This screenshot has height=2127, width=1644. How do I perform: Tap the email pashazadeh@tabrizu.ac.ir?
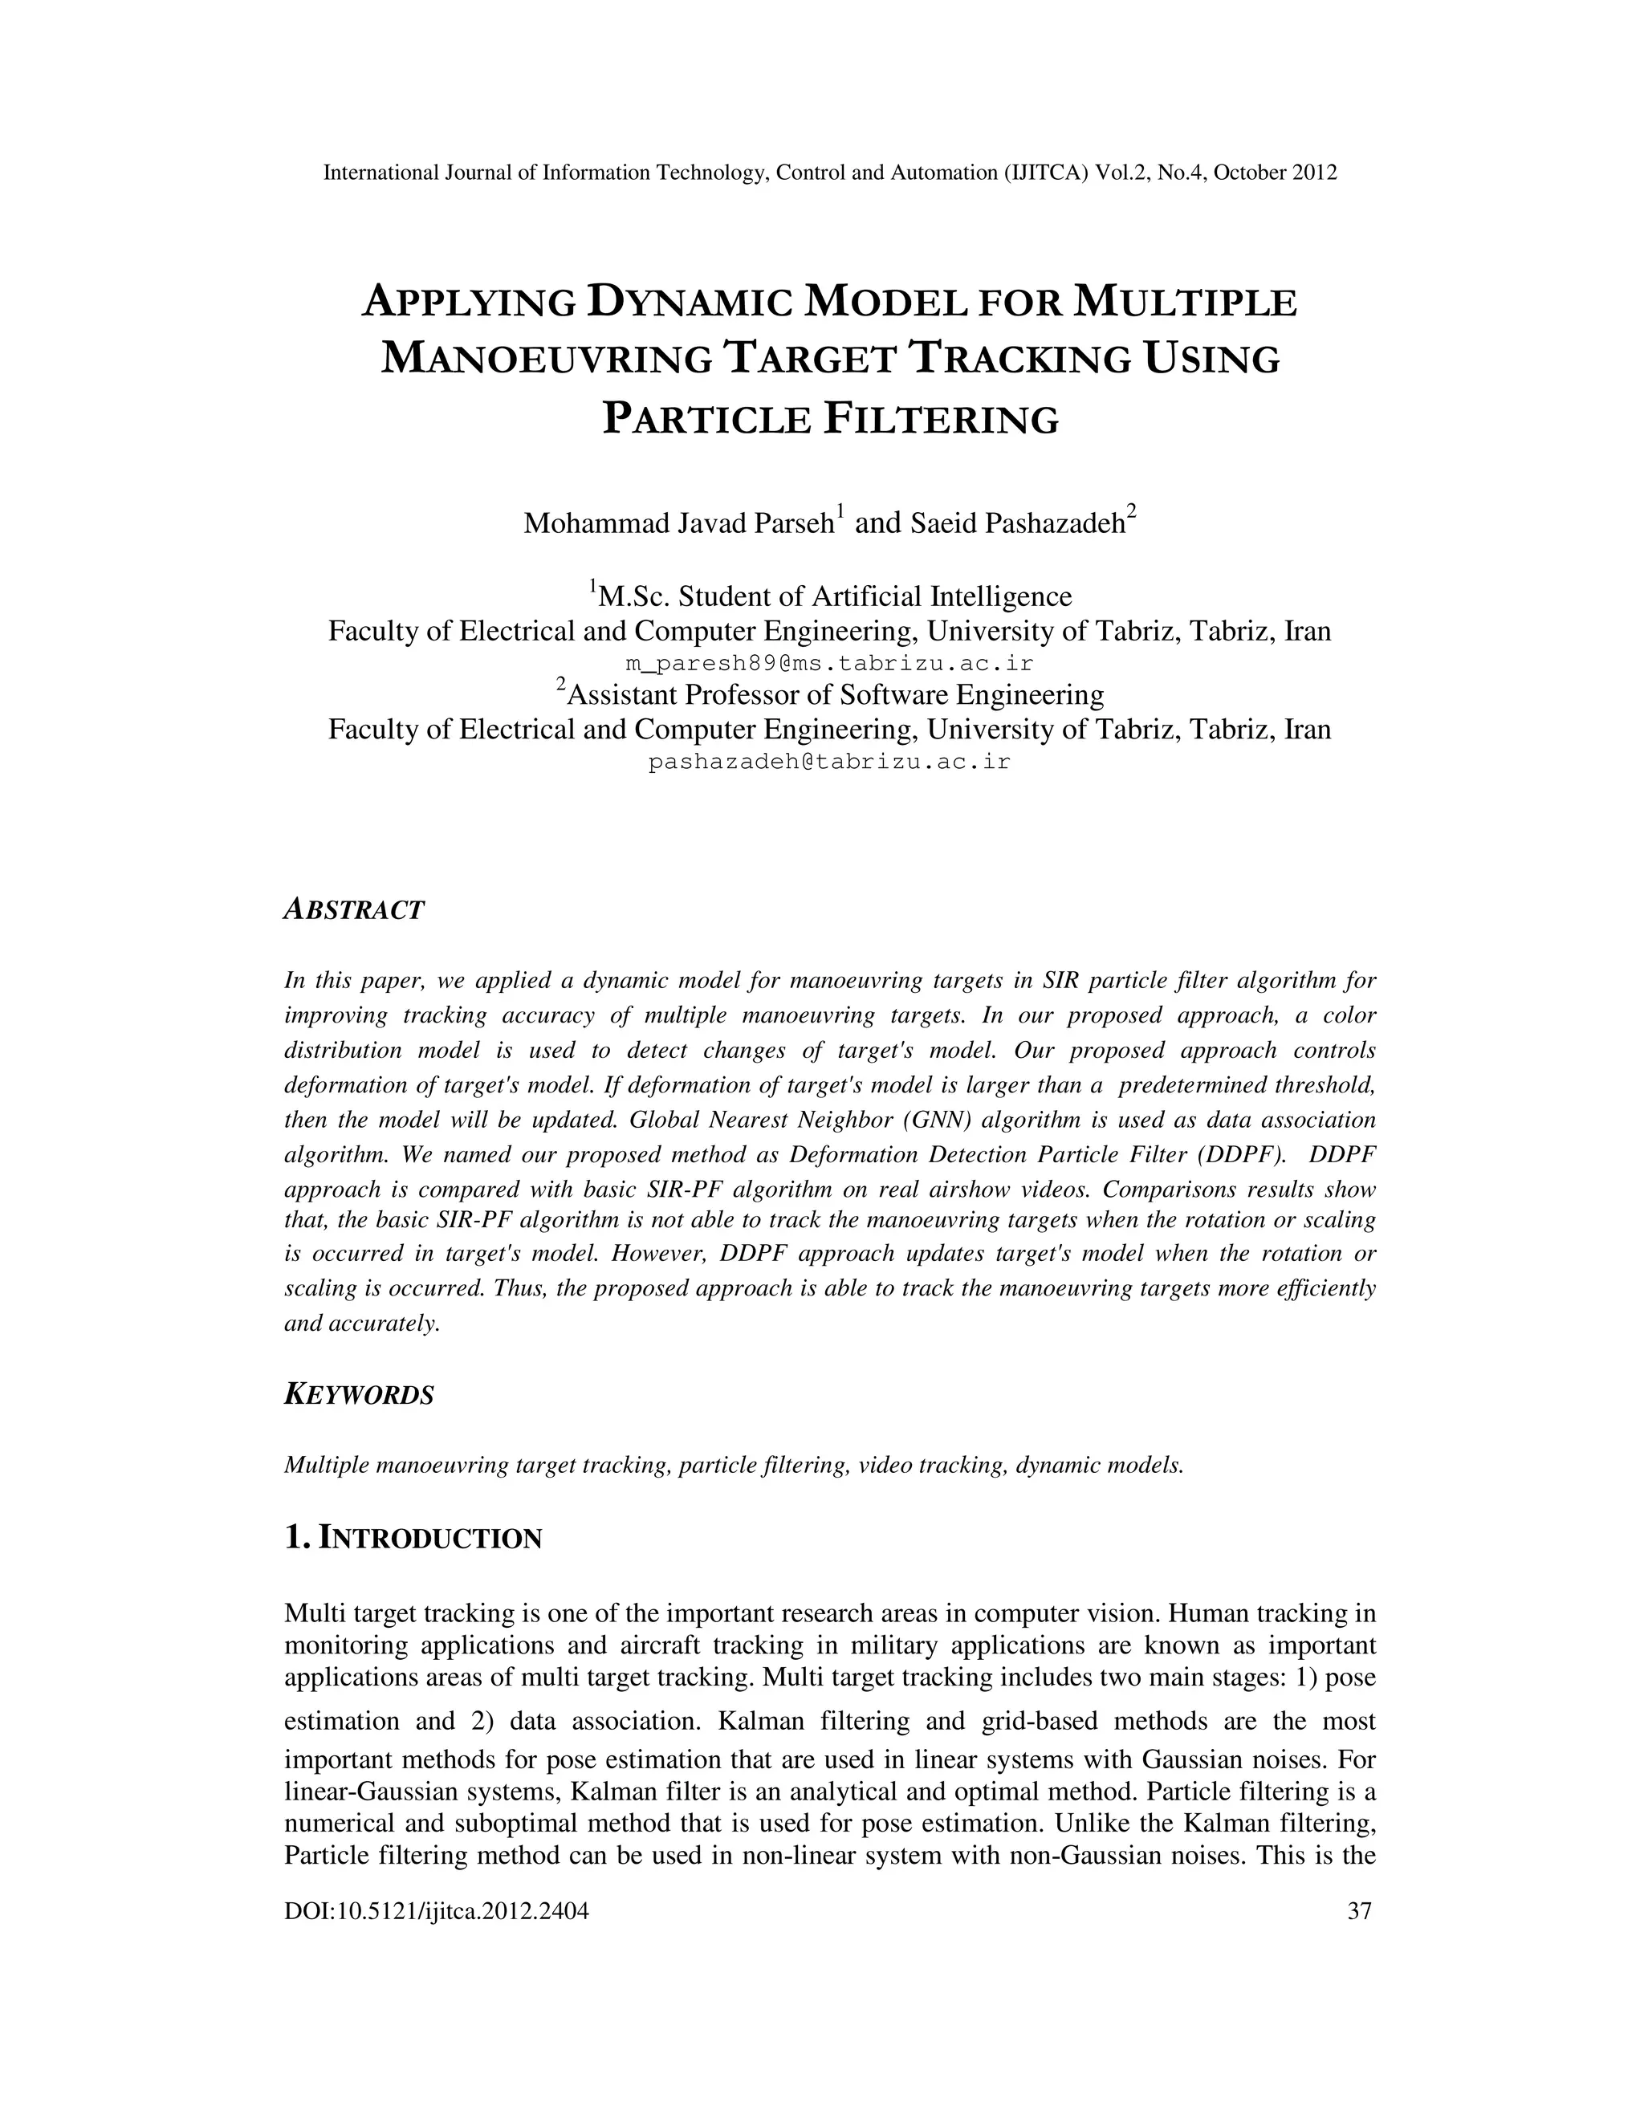point(828,763)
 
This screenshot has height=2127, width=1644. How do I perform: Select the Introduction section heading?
point(413,1539)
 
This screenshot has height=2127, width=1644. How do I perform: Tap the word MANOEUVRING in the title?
point(547,360)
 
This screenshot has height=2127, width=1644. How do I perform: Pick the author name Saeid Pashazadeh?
point(1018,524)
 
